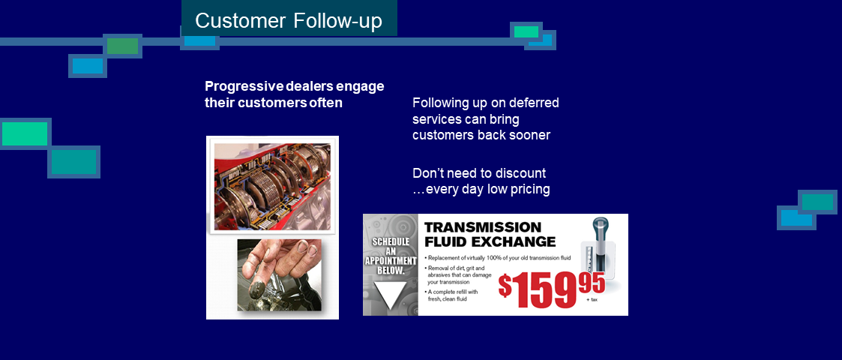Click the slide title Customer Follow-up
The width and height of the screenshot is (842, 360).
(x=289, y=20)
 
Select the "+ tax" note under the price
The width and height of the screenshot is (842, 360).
(x=593, y=300)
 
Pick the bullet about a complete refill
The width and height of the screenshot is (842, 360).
(x=451, y=295)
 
